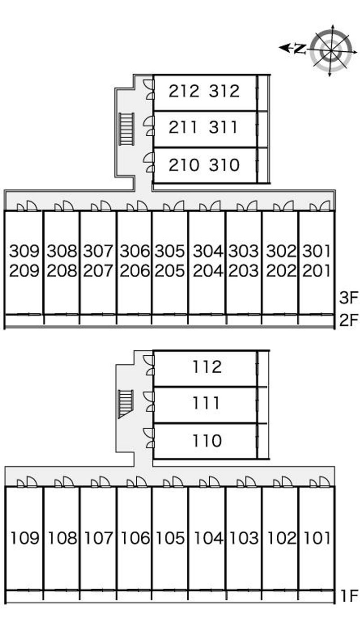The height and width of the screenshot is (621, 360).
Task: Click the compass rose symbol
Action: (x=332, y=50)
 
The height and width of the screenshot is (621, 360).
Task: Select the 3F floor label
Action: (x=348, y=298)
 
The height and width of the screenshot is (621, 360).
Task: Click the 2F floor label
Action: (x=348, y=320)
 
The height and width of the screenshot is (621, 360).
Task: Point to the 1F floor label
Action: (x=348, y=596)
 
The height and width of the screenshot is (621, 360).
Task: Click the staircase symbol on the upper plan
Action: (x=127, y=129)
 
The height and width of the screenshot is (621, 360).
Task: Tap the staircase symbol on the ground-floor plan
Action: (x=126, y=403)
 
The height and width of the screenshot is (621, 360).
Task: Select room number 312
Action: (x=224, y=91)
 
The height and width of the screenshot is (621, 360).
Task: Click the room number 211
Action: (x=183, y=128)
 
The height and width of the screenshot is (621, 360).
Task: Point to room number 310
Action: (x=224, y=165)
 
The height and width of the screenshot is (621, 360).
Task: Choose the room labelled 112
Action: (x=207, y=367)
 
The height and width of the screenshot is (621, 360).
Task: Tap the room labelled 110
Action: (x=207, y=440)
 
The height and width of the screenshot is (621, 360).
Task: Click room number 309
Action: (x=24, y=250)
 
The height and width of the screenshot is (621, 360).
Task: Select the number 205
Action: (x=170, y=271)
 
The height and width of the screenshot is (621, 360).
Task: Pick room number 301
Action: (x=317, y=250)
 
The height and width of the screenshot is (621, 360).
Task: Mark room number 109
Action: (x=24, y=537)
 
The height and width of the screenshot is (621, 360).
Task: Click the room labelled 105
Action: (x=170, y=537)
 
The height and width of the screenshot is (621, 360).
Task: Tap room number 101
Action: (x=317, y=537)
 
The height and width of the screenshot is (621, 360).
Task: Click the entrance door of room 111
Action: (x=148, y=402)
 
